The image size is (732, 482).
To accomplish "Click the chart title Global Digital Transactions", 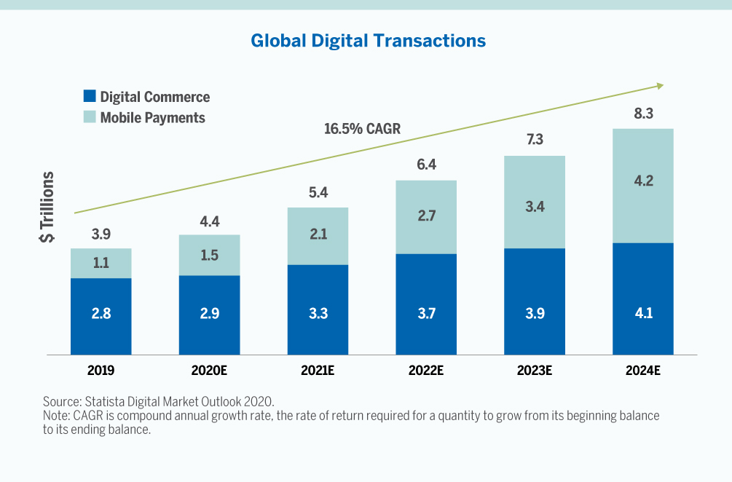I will click(368, 41).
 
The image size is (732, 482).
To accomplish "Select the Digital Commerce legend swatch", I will click(90, 96).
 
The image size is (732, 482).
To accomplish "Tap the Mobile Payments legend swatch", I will click(90, 116).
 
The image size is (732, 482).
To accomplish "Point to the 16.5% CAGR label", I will click(363, 130).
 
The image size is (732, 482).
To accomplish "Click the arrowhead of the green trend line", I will click(660, 86).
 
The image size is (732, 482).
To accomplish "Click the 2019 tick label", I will click(101, 370).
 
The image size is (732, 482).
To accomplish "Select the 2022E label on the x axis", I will click(426, 370).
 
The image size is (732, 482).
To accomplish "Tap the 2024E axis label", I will click(642, 370).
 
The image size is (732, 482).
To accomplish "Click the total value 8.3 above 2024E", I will click(642, 113).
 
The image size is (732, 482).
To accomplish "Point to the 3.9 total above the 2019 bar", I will click(101, 234).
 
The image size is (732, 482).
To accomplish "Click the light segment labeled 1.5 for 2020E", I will click(209, 255).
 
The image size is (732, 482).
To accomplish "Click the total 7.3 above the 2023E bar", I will click(535, 140).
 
